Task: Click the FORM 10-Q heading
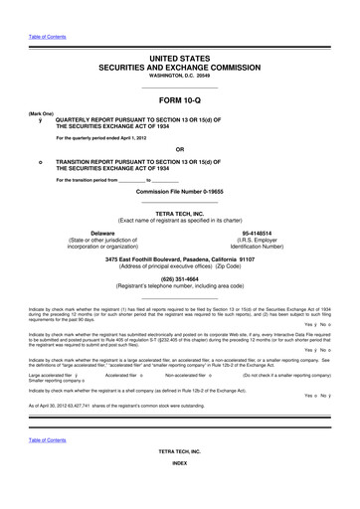coord(179,98)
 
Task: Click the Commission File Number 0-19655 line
coord(179,190)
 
